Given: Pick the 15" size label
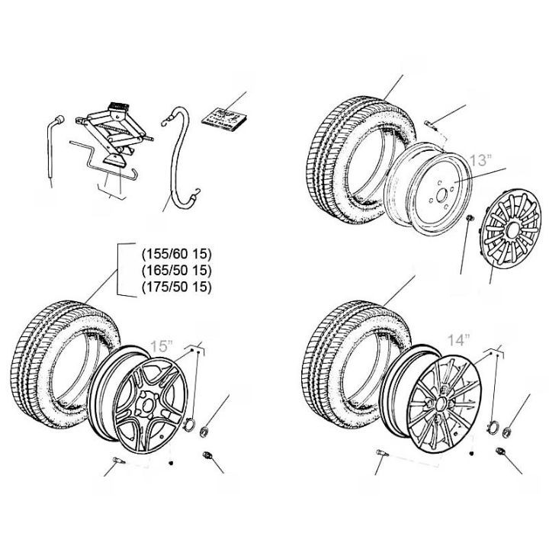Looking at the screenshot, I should (x=162, y=345).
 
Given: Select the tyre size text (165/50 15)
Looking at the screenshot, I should (x=176, y=271).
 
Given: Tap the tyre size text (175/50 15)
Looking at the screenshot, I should (x=176, y=287).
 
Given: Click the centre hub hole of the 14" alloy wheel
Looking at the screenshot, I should (x=441, y=400).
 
